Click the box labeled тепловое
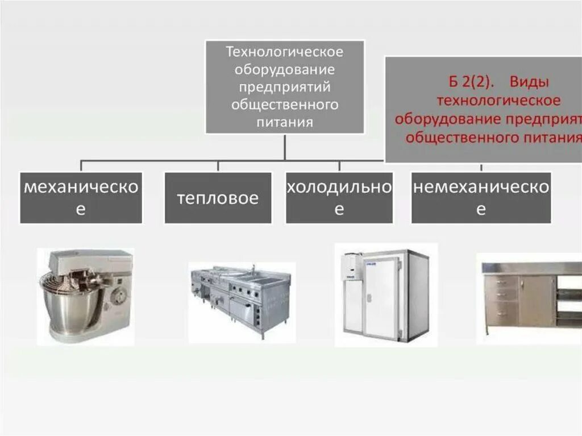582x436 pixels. click(218, 198)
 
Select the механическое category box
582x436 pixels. click(81, 198)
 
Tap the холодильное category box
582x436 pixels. click(339, 198)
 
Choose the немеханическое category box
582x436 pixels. click(481, 198)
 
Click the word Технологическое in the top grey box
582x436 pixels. click(285, 52)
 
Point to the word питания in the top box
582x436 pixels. click(285, 122)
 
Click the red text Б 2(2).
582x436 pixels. click(472, 82)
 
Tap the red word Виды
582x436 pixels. click(529, 82)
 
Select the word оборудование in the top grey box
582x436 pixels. click(285, 70)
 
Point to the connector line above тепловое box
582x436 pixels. click(218, 166)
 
